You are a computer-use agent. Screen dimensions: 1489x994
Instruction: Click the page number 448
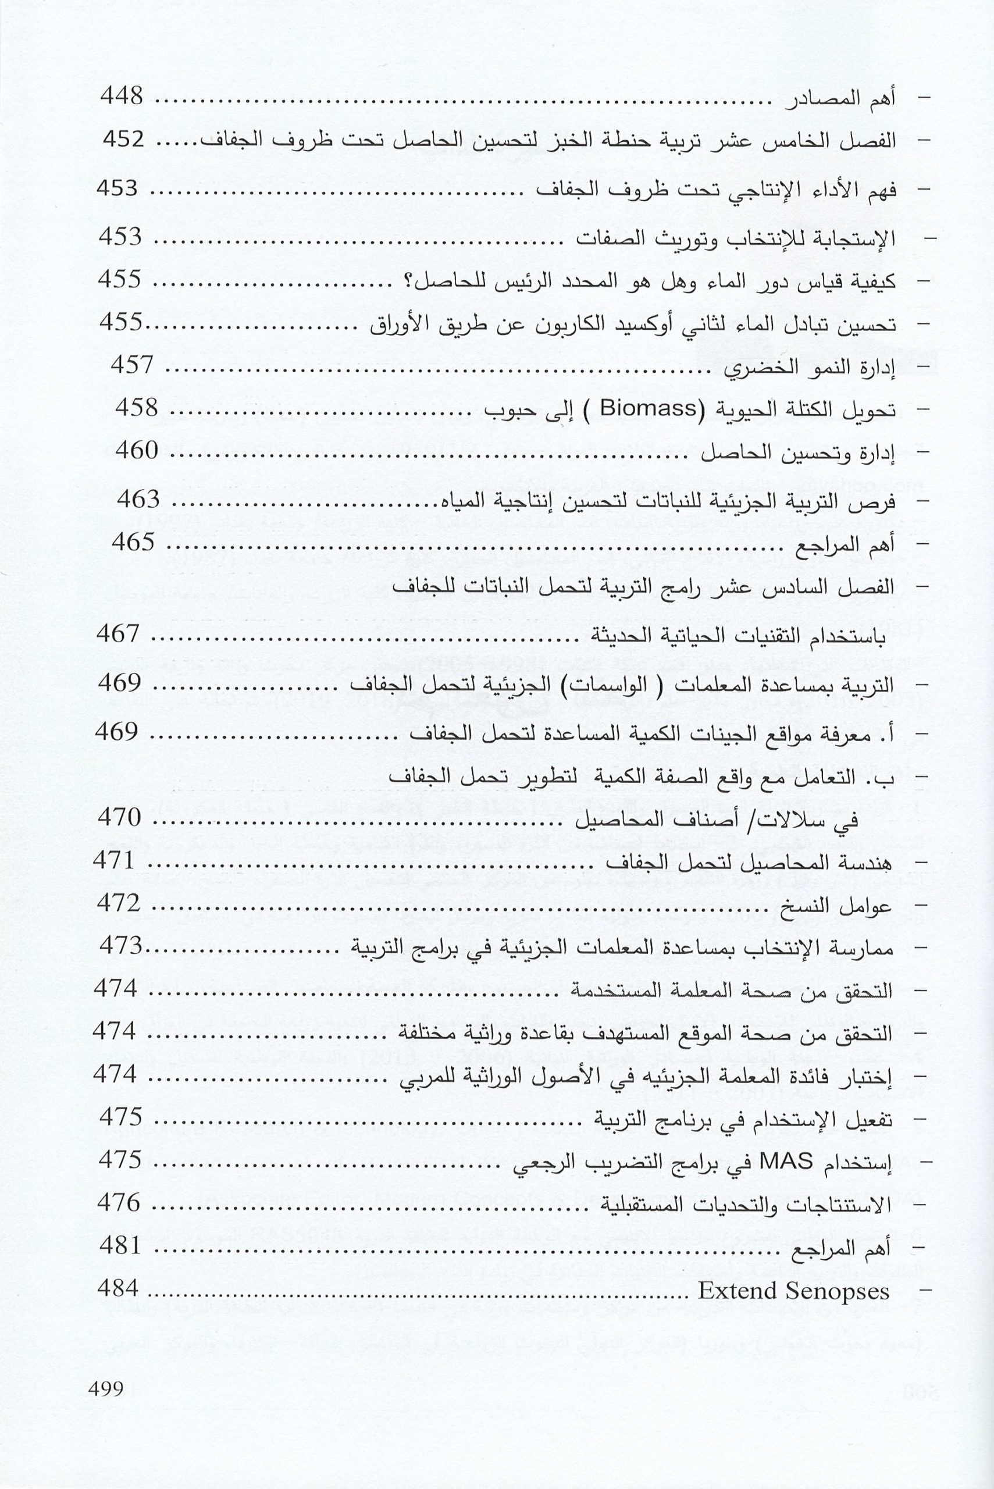pyautogui.click(x=122, y=97)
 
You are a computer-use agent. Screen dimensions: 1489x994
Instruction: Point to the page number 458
pyautogui.click(x=136, y=408)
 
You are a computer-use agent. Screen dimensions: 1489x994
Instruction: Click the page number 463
pyautogui.click(x=139, y=500)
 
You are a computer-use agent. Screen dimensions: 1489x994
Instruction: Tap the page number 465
pyautogui.click(x=133, y=543)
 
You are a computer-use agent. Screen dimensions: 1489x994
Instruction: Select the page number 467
pyautogui.click(x=117, y=633)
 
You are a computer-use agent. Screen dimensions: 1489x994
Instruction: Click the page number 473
pyautogui.click(x=121, y=946)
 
